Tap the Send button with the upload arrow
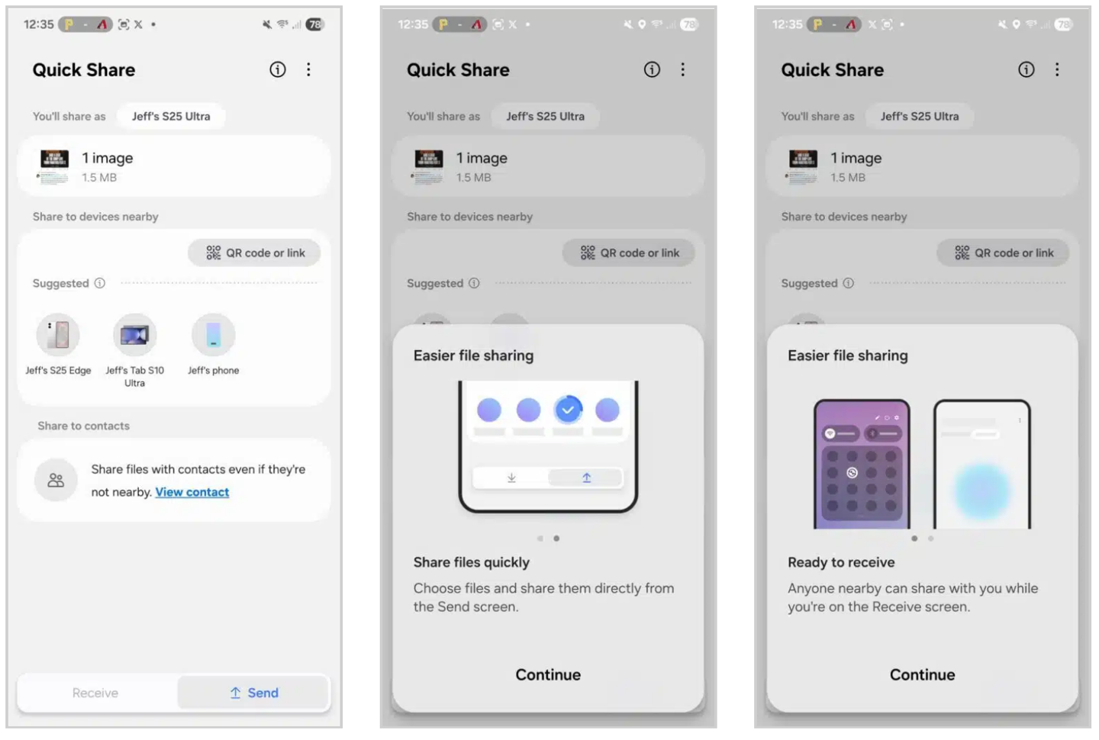tap(253, 693)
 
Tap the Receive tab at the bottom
tap(95, 693)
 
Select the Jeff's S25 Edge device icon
tap(58, 335)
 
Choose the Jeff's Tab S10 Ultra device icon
tap(135, 335)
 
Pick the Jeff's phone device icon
tap(214, 335)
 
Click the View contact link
tap(192, 492)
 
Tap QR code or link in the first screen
tap(255, 253)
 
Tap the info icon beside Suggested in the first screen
tap(99, 283)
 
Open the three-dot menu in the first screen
tap(308, 69)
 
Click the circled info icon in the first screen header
tap(278, 69)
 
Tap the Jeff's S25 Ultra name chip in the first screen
tap(171, 116)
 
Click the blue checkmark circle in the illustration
tap(568, 410)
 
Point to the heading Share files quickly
tap(471, 562)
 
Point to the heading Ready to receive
tap(841, 562)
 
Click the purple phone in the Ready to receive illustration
tap(862, 464)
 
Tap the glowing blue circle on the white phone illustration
tap(982, 491)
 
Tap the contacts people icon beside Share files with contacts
tap(56, 480)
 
